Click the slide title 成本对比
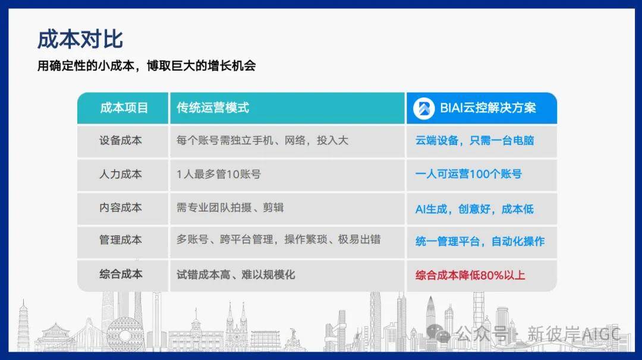tap(80, 39)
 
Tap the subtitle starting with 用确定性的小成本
tap(147, 65)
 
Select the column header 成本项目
tap(124, 108)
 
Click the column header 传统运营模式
tap(212, 108)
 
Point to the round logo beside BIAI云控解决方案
tap(424, 108)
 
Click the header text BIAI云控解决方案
tap(487, 108)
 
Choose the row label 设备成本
tap(120, 140)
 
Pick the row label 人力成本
tap(120, 174)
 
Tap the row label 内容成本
tap(120, 207)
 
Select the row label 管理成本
tap(120, 240)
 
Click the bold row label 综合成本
tap(121, 274)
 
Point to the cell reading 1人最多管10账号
tap(219, 174)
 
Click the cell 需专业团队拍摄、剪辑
tap(230, 207)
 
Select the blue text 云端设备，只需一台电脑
tap(474, 140)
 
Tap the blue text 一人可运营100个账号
tap(468, 174)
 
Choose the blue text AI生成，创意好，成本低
tap(474, 209)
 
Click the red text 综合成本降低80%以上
tap(470, 275)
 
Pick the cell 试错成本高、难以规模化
tap(235, 274)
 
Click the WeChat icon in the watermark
tap(438, 333)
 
